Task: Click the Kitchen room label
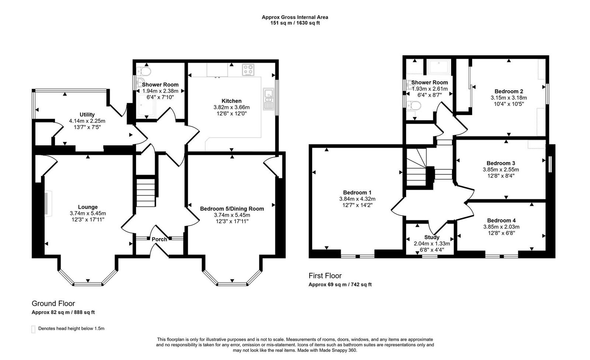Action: pyautogui.click(x=231, y=101)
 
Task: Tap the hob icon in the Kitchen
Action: pyautogui.click(x=248, y=70)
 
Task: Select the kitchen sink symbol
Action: pyautogui.click(x=268, y=99)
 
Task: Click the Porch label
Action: pyautogui.click(x=159, y=239)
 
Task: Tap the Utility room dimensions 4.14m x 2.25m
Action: pyautogui.click(x=87, y=121)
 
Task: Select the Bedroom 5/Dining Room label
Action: pyautogui.click(x=232, y=208)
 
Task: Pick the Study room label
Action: pyautogui.click(x=431, y=237)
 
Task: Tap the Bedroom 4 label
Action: pyautogui.click(x=501, y=220)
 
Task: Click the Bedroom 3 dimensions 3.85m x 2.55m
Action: pyautogui.click(x=501, y=170)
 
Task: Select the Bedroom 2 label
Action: pyautogui.click(x=509, y=91)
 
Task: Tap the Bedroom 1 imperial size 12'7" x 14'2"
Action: pyautogui.click(x=357, y=205)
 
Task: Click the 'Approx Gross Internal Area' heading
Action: pyautogui.click(x=295, y=17)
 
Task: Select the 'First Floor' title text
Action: pyautogui.click(x=325, y=276)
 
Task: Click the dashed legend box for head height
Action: pyautogui.click(x=34, y=329)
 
